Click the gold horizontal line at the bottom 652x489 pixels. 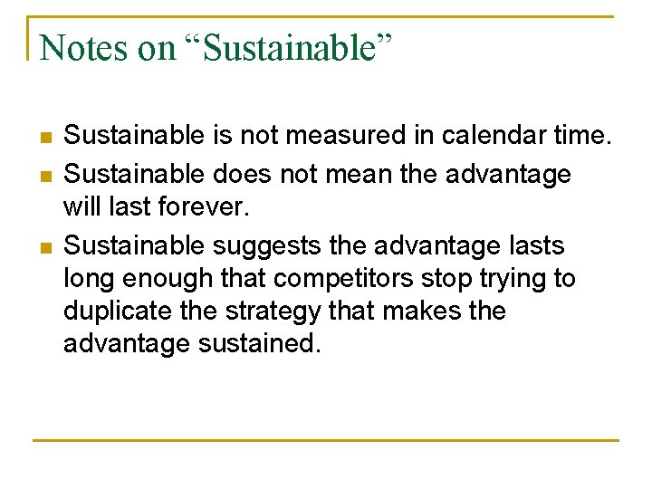(x=326, y=440)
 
